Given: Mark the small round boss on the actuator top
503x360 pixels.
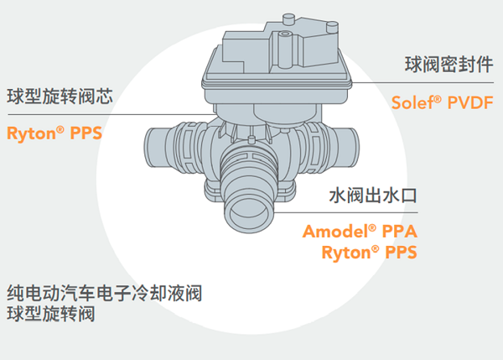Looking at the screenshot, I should (285, 34).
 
